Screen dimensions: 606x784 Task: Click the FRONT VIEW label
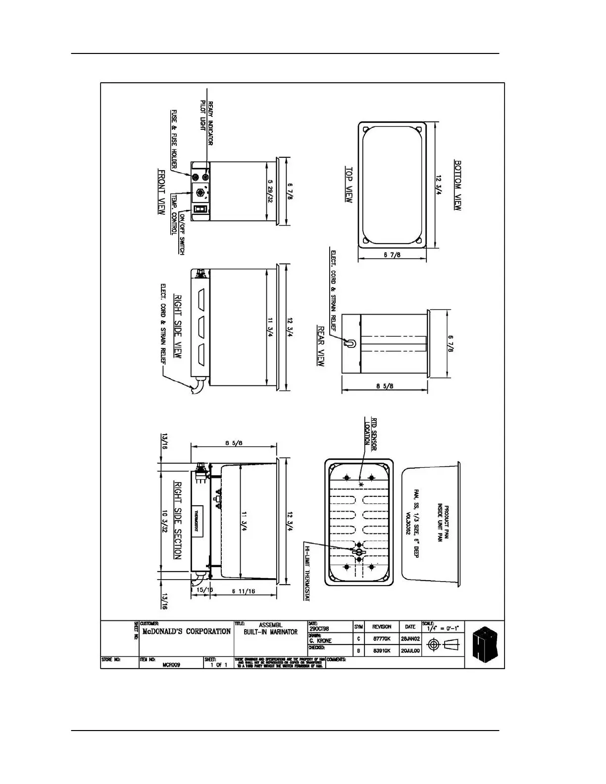point(161,192)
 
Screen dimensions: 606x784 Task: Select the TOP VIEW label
point(349,184)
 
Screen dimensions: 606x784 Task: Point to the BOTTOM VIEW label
point(458,185)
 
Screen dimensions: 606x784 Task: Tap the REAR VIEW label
point(321,346)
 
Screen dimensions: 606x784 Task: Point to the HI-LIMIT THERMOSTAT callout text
point(307,574)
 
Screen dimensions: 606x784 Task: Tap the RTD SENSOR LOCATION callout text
point(371,434)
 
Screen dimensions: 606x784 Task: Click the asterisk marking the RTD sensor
point(361,484)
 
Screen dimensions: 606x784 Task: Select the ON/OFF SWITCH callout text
point(182,233)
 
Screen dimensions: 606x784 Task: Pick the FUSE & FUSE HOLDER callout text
point(174,139)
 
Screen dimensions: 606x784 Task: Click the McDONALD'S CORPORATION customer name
point(186,632)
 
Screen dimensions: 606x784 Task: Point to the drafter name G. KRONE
point(321,640)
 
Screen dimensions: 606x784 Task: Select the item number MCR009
point(171,665)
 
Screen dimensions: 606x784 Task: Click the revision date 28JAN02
point(410,639)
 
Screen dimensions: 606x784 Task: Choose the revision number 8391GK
point(382,651)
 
